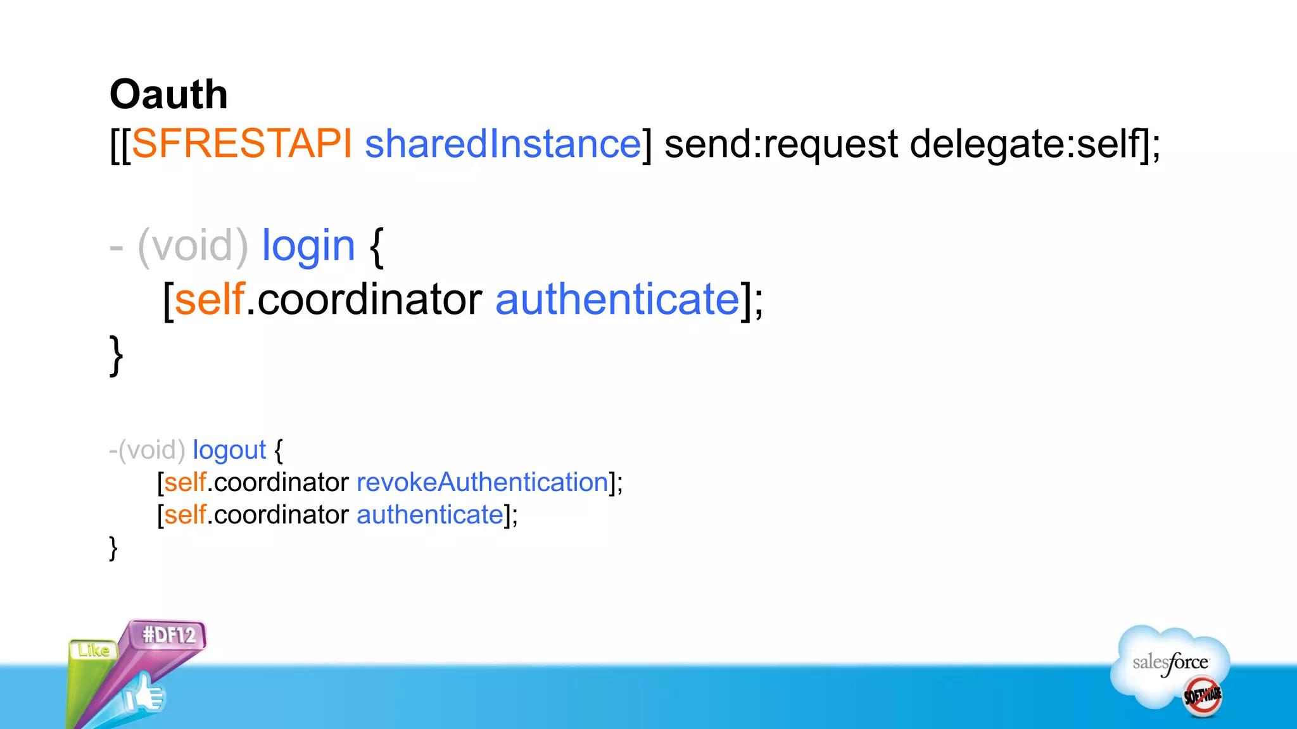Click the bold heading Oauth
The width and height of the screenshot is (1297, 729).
168,95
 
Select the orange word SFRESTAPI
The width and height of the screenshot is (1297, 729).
241,144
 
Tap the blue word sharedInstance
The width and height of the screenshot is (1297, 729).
503,144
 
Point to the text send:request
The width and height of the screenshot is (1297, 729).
781,144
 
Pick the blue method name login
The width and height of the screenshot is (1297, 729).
308,246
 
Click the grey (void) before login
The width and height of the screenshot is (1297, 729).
193,246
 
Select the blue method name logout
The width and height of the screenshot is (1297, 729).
229,450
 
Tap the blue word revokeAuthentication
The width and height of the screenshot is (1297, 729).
483,482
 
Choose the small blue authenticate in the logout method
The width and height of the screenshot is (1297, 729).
430,514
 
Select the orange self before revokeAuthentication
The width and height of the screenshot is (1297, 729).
186,482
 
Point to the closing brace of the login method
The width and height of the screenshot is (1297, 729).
116,355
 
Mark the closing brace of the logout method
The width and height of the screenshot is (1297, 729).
113,548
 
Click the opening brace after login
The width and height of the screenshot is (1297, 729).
376,247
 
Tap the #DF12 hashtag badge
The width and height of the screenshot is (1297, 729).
169,635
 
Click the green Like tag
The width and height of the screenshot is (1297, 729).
94,650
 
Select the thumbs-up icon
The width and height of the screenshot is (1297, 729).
145,695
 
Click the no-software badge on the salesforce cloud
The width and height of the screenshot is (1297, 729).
1202,696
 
